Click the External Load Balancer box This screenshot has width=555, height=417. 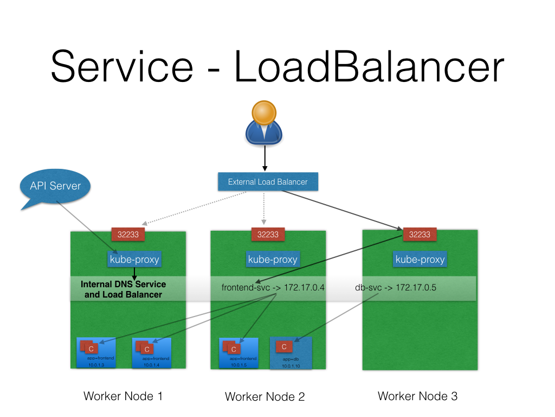[268, 182]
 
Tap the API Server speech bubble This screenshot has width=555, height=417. [55, 186]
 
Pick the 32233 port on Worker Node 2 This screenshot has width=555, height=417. [268, 234]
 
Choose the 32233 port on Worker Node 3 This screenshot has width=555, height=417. [420, 234]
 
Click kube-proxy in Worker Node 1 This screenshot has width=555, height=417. [134, 259]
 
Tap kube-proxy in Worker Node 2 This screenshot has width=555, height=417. [273, 259]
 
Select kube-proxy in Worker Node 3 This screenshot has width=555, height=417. [420, 259]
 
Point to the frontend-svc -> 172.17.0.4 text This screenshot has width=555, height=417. [273, 287]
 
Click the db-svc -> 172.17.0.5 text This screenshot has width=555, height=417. [395, 287]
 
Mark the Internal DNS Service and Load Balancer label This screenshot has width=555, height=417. [123, 289]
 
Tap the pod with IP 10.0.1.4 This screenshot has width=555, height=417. [152, 353]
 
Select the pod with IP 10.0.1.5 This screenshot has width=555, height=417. [238, 353]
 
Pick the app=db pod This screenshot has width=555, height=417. [291, 353]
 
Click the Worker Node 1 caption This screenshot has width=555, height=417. [123, 396]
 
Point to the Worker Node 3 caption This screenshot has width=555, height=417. [417, 396]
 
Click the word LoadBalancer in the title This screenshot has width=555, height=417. [369, 67]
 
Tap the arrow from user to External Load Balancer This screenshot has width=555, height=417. [265, 159]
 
